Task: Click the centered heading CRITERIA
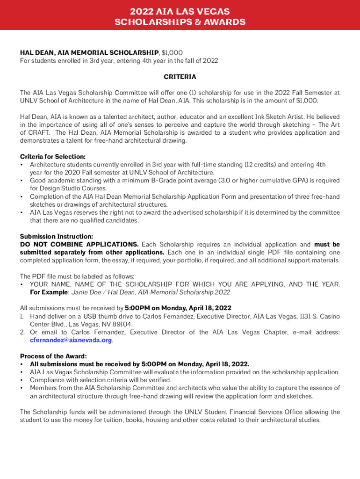click(180, 77)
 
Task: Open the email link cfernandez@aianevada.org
click(71, 340)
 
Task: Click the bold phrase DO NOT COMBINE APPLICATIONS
click(79, 245)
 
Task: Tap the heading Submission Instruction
click(56, 237)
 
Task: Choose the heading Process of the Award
click(53, 356)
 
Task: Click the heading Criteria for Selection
click(52, 157)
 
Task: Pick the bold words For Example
click(49, 292)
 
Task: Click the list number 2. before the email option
click(22, 333)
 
